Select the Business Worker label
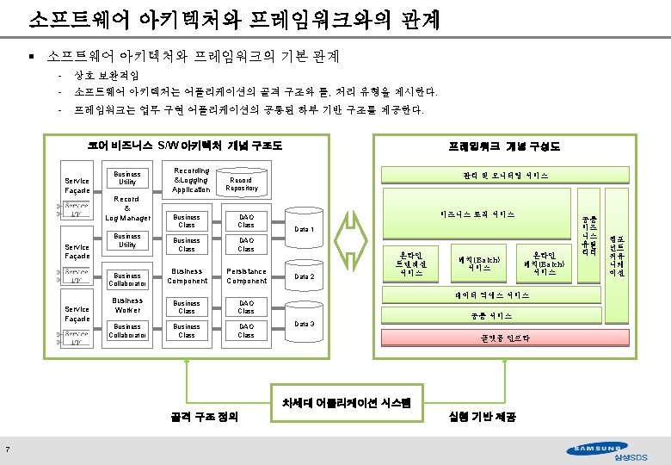pos(127,305)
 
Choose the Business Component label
pos(187,276)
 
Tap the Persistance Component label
pos(247,276)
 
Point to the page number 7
pos(7,447)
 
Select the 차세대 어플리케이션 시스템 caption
pos(341,402)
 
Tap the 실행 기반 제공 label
pos(482,417)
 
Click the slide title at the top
pos(235,18)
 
